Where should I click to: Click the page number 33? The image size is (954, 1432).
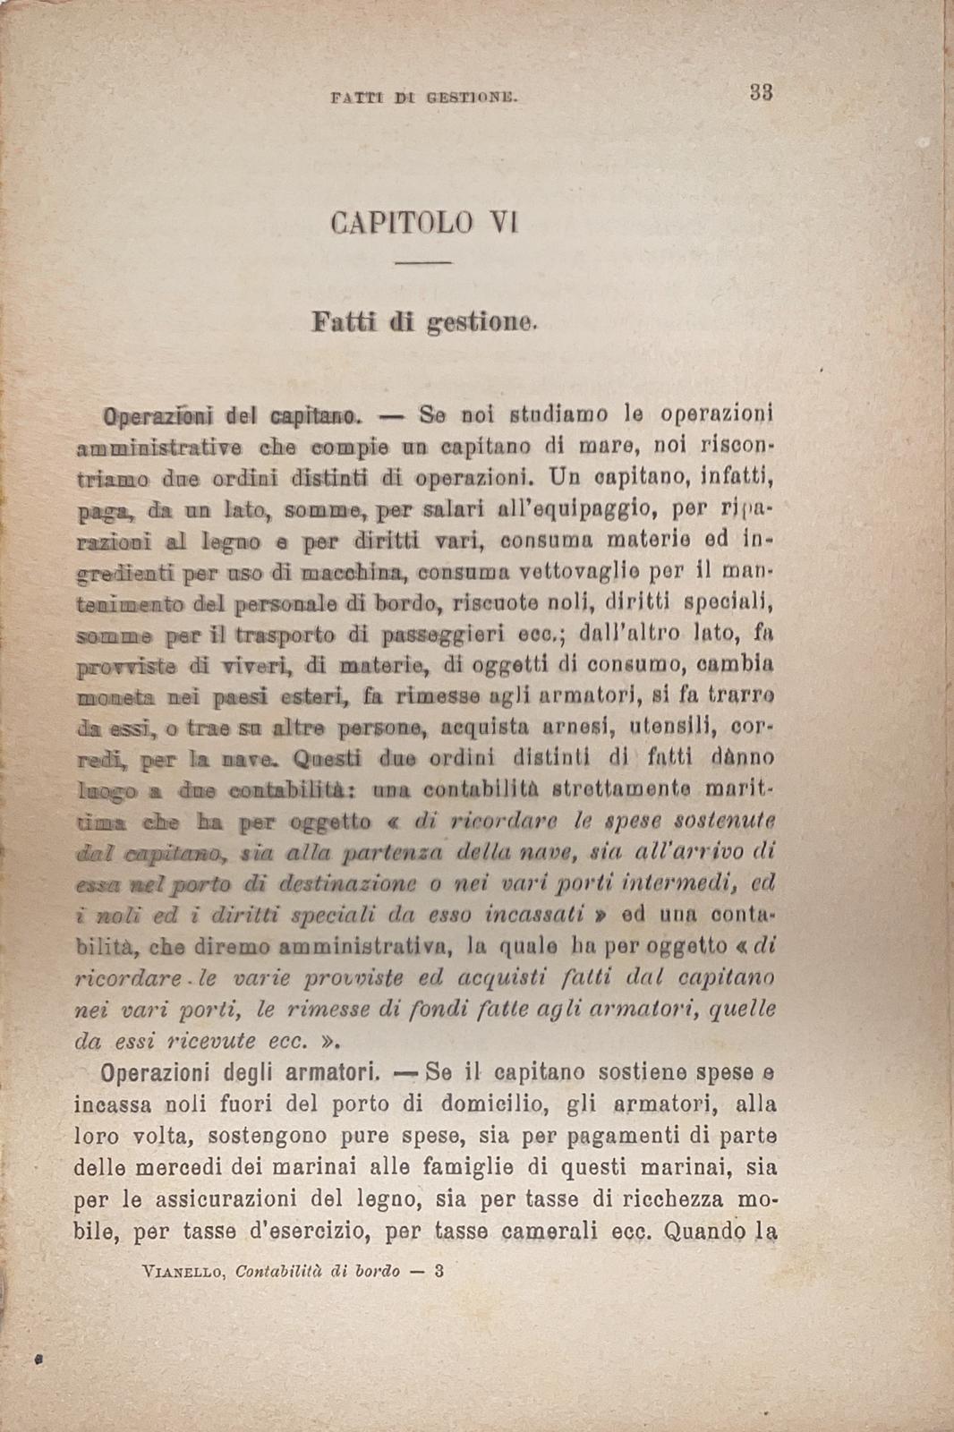[x=761, y=92]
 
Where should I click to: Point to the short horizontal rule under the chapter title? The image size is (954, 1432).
[x=423, y=262]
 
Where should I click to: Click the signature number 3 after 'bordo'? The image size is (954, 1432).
[x=439, y=1271]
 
